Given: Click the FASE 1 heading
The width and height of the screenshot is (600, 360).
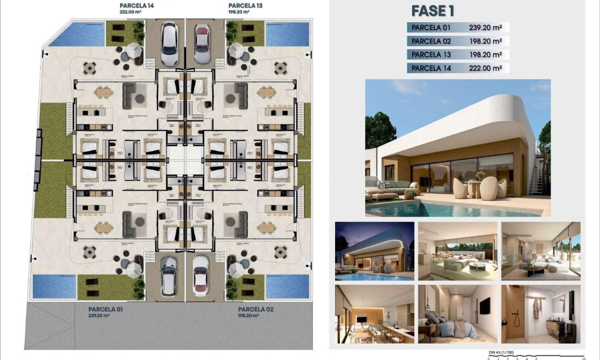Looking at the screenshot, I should pyautogui.click(x=433, y=11).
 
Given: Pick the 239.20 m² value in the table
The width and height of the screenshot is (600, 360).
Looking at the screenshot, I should pyautogui.click(x=485, y=28).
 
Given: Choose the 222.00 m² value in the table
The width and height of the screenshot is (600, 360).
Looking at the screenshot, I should pyautogui.click(x=485, y=68).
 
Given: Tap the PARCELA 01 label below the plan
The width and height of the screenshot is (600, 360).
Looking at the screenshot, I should pyautogui.click(x=107, y=309).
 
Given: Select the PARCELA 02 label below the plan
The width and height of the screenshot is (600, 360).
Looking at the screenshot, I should pyautogui.click(x=256, y=309).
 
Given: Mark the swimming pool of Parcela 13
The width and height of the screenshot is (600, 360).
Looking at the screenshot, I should pyautogui.click(x=287, y=34).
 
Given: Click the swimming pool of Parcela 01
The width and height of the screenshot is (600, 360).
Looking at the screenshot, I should pyautogui.click(x=54, y=286).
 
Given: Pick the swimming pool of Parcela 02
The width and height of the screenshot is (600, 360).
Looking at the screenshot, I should pyautogui.click(x=287, y=286).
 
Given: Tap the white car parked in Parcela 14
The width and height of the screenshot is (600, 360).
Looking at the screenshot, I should pyautogui.click(x=169, y=43).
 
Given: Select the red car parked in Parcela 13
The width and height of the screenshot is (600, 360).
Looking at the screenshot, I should pyautogui.click(x=202, y=43).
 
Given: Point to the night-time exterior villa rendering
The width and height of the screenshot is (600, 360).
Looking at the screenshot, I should pyautogui.click(x=374, y=251).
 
